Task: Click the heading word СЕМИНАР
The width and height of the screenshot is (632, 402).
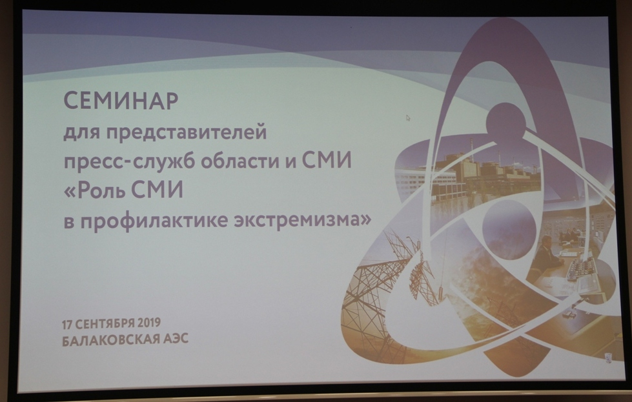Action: pos(121,101)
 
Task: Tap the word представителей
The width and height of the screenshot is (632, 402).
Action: pos(187,132)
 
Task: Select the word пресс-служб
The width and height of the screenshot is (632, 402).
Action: pos(130,161)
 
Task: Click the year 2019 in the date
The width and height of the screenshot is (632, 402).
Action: pos(148,323)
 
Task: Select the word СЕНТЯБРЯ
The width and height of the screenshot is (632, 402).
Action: pos(105,324)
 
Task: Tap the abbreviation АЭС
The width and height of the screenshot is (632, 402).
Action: pos(176,338)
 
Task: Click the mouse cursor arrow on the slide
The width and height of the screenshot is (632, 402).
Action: pos(408,117)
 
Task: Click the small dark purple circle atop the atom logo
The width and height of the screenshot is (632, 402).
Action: pos(506,123)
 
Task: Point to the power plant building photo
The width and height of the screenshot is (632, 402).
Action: pos(467,173)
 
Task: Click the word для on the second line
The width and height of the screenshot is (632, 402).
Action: pos(82,132)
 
